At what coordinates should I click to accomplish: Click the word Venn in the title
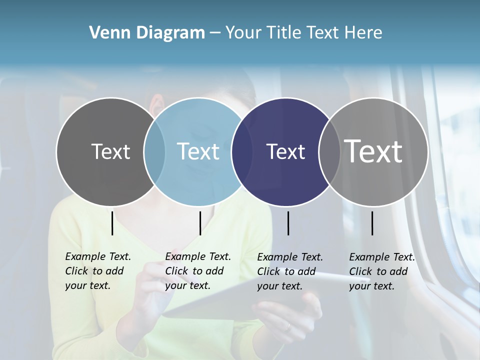[x=105, y=33]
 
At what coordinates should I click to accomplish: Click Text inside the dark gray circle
[x=110, y=151]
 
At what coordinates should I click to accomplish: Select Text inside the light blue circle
[x=198, y=151]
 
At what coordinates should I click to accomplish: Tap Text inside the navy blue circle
[x=285, y=151]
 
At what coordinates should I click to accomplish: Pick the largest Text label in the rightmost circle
[x=373, y=151]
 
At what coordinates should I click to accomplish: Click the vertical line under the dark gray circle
[x=112, y=223]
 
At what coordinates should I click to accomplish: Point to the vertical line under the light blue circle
[x=200, y=223]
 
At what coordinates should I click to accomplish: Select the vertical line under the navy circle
[x=288, y=223]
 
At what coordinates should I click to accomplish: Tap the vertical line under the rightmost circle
[x=372, y=223]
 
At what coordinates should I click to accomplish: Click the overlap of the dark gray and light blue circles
[x=154, y=151]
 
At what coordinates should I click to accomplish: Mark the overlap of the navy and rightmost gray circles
[x=329, y=151]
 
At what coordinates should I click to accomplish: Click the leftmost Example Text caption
[x=97, y=271]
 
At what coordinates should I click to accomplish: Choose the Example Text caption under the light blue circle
[x=197, y=271]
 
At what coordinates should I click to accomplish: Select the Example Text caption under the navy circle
[x=289, y=271]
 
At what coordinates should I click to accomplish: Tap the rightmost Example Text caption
[x=381, y=271]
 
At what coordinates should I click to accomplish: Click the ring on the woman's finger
[x=287, y=327]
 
